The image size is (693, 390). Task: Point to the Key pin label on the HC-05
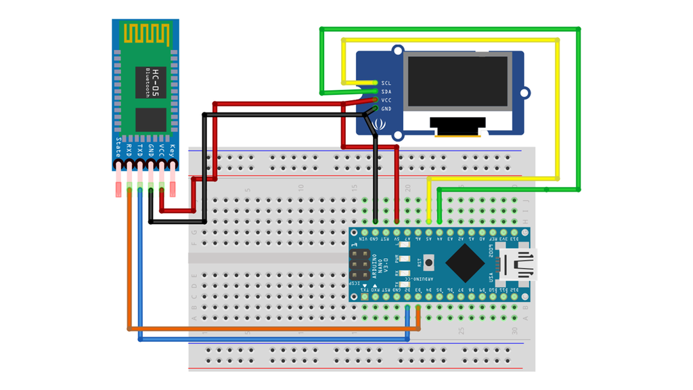(173, 150)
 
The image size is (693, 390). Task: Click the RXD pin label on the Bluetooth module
(129, 150)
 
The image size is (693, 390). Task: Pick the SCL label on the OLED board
(386, 83)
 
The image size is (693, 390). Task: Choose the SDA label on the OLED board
(386, 91)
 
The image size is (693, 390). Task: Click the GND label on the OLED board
(386, 109)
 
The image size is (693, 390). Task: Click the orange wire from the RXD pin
(129, 271)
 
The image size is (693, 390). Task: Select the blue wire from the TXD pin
(140, 271)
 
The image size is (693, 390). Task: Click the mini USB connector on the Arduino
(520, 263)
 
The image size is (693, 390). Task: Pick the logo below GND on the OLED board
(379, 124)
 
